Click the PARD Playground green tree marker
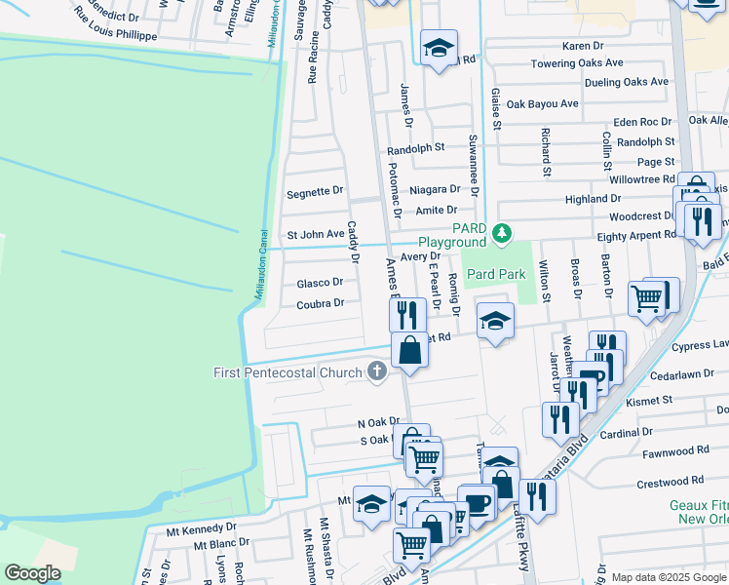tap(502, 233)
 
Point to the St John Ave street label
tap(315, 234)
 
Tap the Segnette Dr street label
tap(315, 192)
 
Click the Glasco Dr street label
tap(320, 283)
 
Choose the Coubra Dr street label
tap(320, 303)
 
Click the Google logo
tap(33, 573)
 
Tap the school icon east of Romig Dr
tap(495, 321)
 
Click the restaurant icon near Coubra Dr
tap(407, 314)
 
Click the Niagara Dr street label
tap(435, 189)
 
